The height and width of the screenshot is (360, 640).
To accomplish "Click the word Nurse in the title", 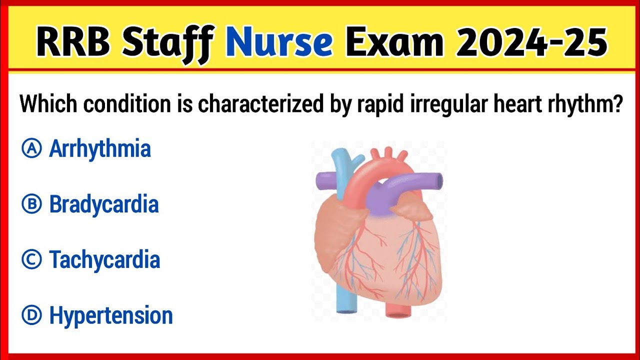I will [x=279, y=43].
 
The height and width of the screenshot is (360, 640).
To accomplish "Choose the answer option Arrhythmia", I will [x=100, y=149].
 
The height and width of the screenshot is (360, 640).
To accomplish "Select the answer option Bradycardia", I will [x=103, y=204].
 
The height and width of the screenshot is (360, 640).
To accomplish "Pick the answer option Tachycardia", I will [x=104, y=260].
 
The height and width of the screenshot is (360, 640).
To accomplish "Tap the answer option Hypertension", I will [x=111, y=316].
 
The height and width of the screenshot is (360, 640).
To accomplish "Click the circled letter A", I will [x=31, y=149].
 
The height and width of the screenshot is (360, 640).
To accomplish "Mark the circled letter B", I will [x=31, y=204].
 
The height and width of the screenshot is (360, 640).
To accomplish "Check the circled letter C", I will [x=31, y=260].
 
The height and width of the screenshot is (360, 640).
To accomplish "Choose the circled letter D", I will [x=31, y=316].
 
